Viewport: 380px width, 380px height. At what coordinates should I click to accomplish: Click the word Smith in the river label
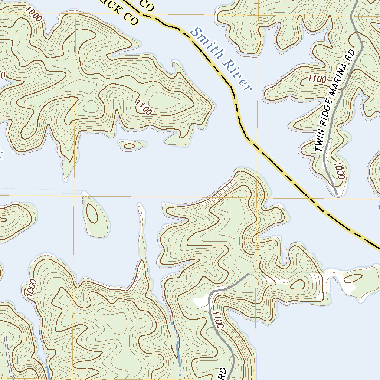click(x=208, y=44)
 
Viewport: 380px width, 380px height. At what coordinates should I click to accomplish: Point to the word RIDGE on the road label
click(x=328, y=115)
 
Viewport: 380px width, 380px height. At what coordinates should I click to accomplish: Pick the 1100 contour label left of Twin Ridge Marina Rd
click(x=317, y=79)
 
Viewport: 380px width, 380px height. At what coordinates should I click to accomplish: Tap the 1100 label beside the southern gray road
click(x=218, y=320)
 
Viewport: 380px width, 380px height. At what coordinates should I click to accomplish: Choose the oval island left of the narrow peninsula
click(x=95, y=216)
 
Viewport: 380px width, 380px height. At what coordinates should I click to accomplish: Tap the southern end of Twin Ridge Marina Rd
click(x=336, y=193)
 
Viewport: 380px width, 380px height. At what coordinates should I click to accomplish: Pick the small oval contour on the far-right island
click(x=356, y=278)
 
